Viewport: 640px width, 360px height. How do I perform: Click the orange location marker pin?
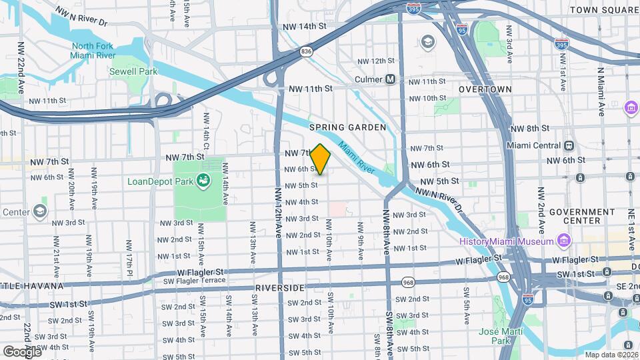pyautogui.click(x=321, y=159)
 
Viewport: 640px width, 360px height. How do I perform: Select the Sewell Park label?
pyautogui.click(x=133, y=71)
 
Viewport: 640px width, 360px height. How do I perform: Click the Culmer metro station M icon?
pyautogui.click(x=391, y=79)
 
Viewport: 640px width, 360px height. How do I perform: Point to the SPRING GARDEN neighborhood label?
pyautogui.click(x=347, y=127)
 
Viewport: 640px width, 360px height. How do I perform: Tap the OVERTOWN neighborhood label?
pyautogui.click(x=485, y=89)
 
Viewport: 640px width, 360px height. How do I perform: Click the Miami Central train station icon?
pyautogui.click(x=569, y=146)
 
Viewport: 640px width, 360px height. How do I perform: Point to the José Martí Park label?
pyautogui.click(x=501, y=336)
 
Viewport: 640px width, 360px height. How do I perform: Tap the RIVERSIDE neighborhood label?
pyautogui.click(x=279, y=287)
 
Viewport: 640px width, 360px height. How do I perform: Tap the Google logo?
pyautogui.click(x=22, y=351)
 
